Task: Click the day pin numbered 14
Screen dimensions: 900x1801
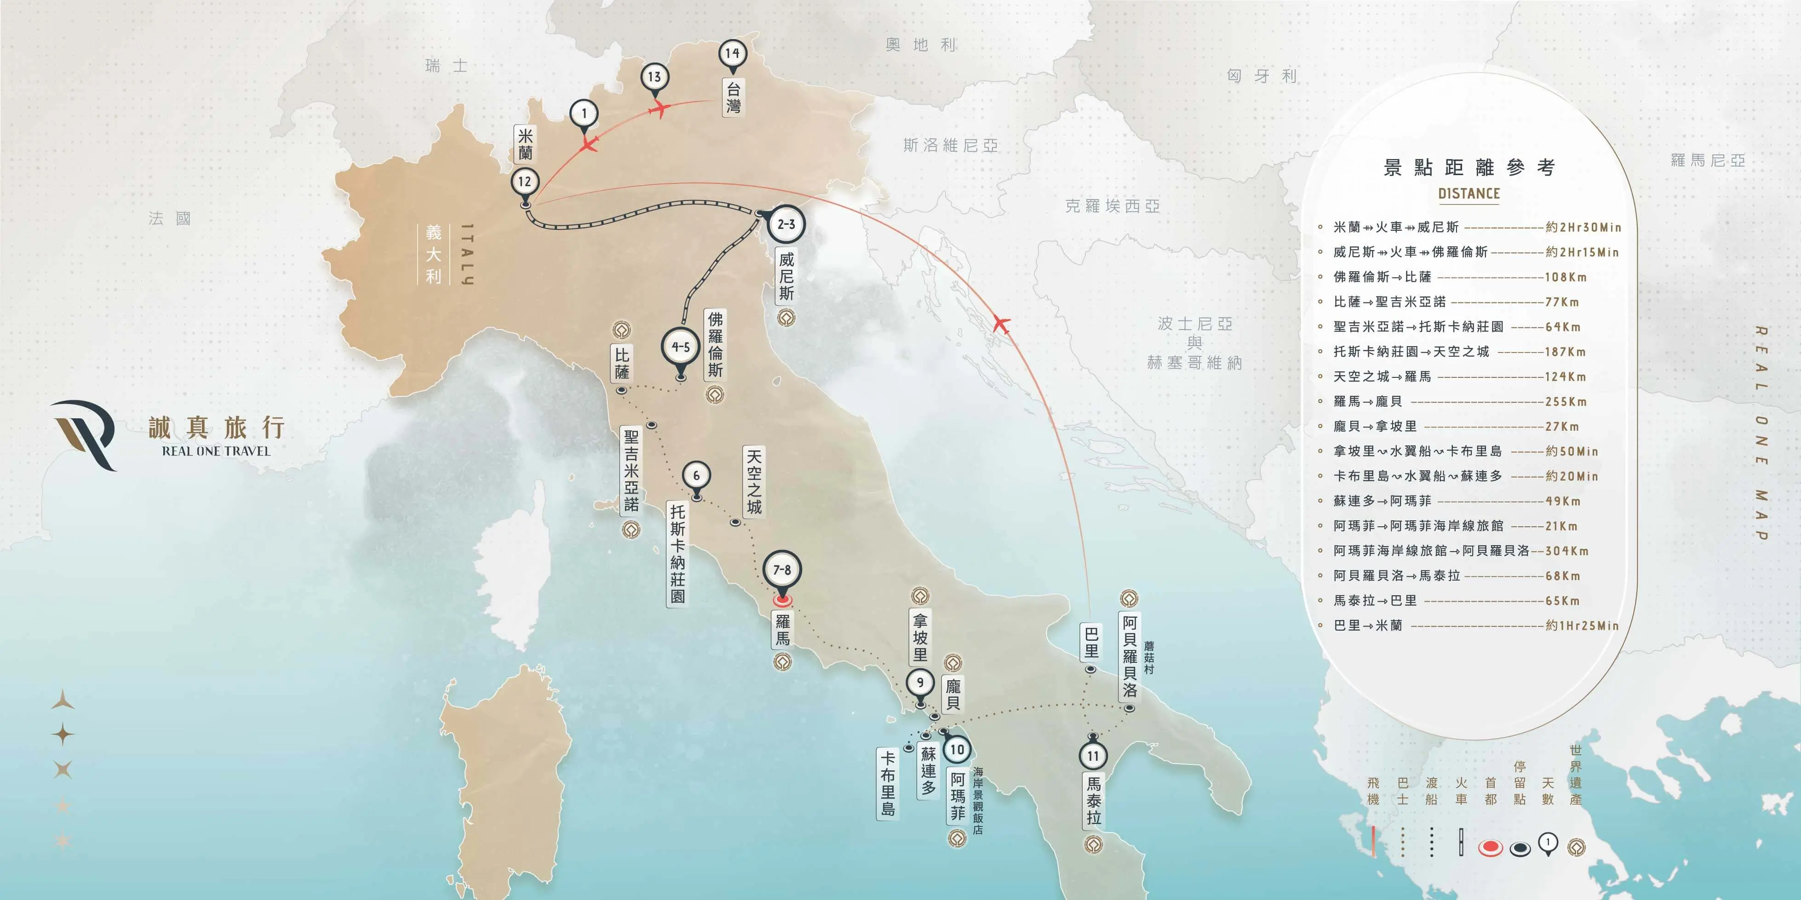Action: [732, 54]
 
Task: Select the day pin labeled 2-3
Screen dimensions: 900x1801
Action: [786, 224]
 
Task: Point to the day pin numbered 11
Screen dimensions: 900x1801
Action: [1093, 756]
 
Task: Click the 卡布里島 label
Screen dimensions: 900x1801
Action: [887, 783]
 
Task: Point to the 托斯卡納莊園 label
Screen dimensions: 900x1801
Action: [677, 553]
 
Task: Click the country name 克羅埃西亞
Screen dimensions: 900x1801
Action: [1113, 206]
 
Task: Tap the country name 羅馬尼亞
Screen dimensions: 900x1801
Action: [1707, 160]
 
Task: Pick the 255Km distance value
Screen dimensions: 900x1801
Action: [1566, 402]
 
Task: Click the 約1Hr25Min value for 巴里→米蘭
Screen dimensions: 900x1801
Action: [1582, 626]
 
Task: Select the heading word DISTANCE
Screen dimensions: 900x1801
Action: [1469, 194]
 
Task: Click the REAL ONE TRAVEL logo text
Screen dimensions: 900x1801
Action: [216, 451]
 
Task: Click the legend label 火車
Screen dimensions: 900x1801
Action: [1461, 791]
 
